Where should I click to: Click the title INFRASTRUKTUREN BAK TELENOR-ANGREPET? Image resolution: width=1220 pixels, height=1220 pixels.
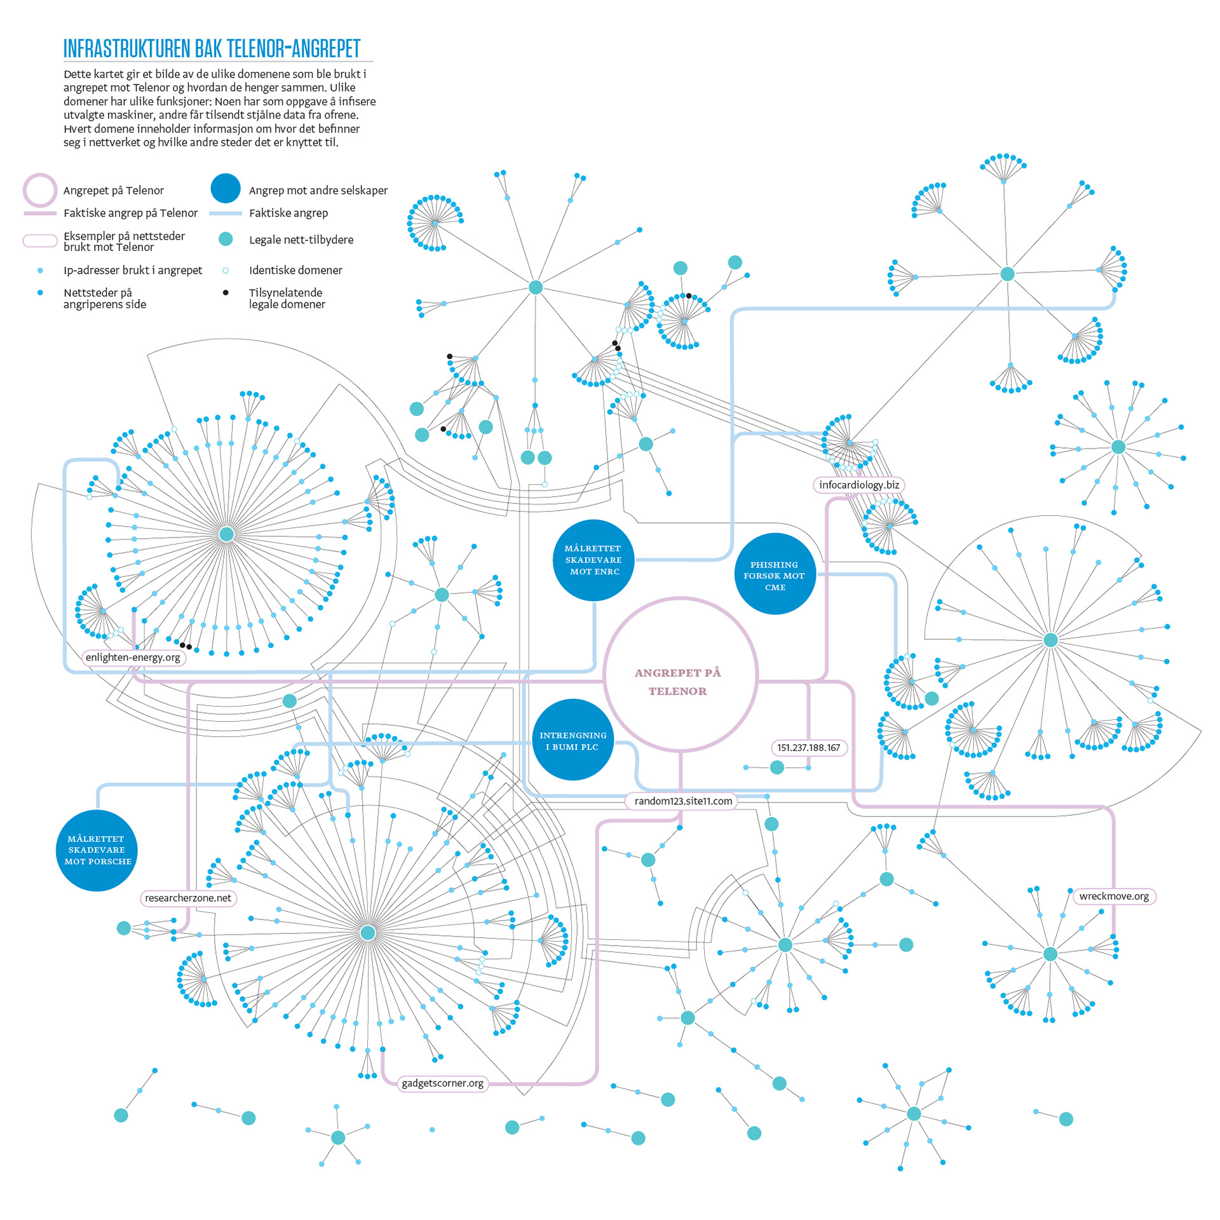pyautogui.click(x=212, y=48)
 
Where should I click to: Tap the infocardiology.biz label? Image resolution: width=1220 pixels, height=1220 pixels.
pyautogui.click(x=858, y=485)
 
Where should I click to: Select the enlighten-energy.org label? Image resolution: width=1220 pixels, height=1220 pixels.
pyautogui.click(x=133, y=657)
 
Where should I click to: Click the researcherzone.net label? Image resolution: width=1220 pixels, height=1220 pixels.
pyautogui.click(x=187, y=898)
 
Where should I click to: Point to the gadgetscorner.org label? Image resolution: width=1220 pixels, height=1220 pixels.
pyautogui.click(x=442, y=1083)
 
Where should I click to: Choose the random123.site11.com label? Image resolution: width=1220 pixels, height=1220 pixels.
pyautogui.click(x=683, y=801)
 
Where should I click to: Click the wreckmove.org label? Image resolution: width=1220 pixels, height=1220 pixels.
pyautogui.click(x=1113, y=896)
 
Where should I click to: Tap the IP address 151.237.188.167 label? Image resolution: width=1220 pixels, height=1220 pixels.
pyautogui.click(x=808, y=747)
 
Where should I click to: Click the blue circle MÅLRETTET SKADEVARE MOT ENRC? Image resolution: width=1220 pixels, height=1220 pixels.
pyautogui.click(x=594, y=560)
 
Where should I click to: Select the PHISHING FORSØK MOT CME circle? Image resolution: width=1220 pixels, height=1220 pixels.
pyautogui.click(x=775, y=575)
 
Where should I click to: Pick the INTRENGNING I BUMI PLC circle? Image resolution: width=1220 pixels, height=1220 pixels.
pyautogui.click(x=573, y=740)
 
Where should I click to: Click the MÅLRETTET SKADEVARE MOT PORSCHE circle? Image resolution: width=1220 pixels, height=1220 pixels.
pyautogui.click(x=97, y=850)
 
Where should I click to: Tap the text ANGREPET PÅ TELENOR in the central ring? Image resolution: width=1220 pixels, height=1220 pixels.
pyautogui.click(x=678, y=681)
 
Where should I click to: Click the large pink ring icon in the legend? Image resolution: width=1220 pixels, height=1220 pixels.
pyautogui.click(x=40, y=189)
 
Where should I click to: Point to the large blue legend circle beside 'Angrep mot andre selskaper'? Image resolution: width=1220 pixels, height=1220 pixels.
pyautogui.click(x=226, y=189)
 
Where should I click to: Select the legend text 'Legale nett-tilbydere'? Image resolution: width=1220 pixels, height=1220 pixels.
pyautogui.click(x=301, y=240)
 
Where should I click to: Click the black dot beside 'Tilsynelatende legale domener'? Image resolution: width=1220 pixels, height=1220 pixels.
pyautogui.click(x=226, y=293)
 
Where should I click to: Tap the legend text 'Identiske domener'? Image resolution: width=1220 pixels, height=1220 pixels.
pyautogui.click(x=295, y=270)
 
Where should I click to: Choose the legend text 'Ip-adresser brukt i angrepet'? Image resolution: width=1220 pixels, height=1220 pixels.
pyautogui.click(x=133, y=270)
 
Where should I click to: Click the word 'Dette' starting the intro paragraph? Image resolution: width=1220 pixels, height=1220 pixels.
pyautogui.click(x=77, y=74)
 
